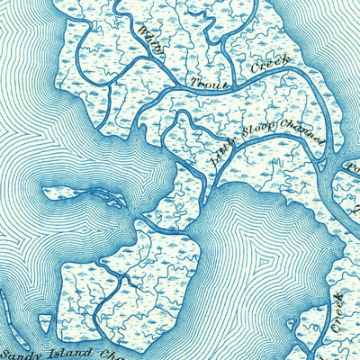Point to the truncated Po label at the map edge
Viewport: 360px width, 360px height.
coord(352,165)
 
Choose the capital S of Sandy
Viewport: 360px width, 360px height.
coord(8,352)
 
